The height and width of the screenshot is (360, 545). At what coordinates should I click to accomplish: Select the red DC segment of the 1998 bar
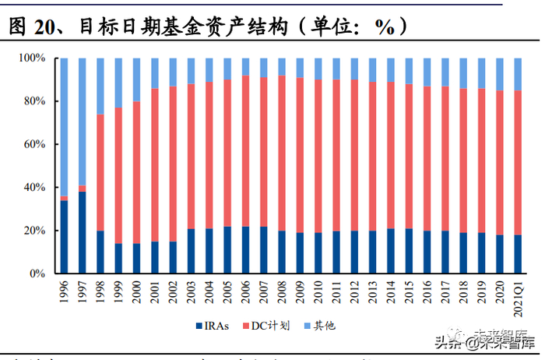(x=100, y=172)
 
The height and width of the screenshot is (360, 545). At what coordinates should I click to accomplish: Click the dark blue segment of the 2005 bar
(x=227, y=250)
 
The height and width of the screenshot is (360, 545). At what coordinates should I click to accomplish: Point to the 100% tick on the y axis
(x=33, y=58)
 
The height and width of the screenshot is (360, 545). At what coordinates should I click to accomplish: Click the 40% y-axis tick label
(x=36, y=188)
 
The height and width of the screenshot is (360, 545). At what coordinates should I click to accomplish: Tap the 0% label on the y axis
(x=39, y=274)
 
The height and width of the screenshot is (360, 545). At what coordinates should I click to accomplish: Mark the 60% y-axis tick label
(x=36, y=145)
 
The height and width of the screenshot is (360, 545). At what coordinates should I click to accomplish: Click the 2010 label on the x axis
(x=318, y=291)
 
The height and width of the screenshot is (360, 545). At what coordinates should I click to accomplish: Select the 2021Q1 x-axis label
(x=518, y=296)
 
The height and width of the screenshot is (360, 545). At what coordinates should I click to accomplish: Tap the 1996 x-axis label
(x=64, y=291)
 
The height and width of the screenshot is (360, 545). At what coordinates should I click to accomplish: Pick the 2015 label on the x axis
(x=409, y=291)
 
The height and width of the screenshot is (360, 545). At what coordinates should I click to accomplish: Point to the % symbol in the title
(x=384, y=28)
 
